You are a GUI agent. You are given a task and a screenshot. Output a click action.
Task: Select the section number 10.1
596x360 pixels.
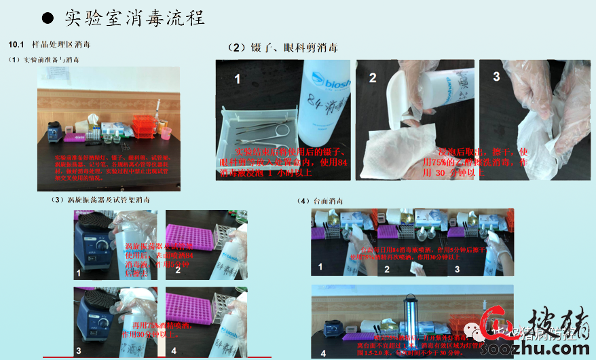(x=16, y=45)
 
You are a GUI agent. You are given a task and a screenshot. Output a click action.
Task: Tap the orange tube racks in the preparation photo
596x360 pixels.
(x=143, y=126)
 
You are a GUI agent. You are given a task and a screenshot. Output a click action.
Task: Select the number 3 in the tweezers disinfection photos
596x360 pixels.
(x=496, y=77)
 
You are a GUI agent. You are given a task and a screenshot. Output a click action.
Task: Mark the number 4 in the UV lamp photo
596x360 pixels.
(x=322, y=353)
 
